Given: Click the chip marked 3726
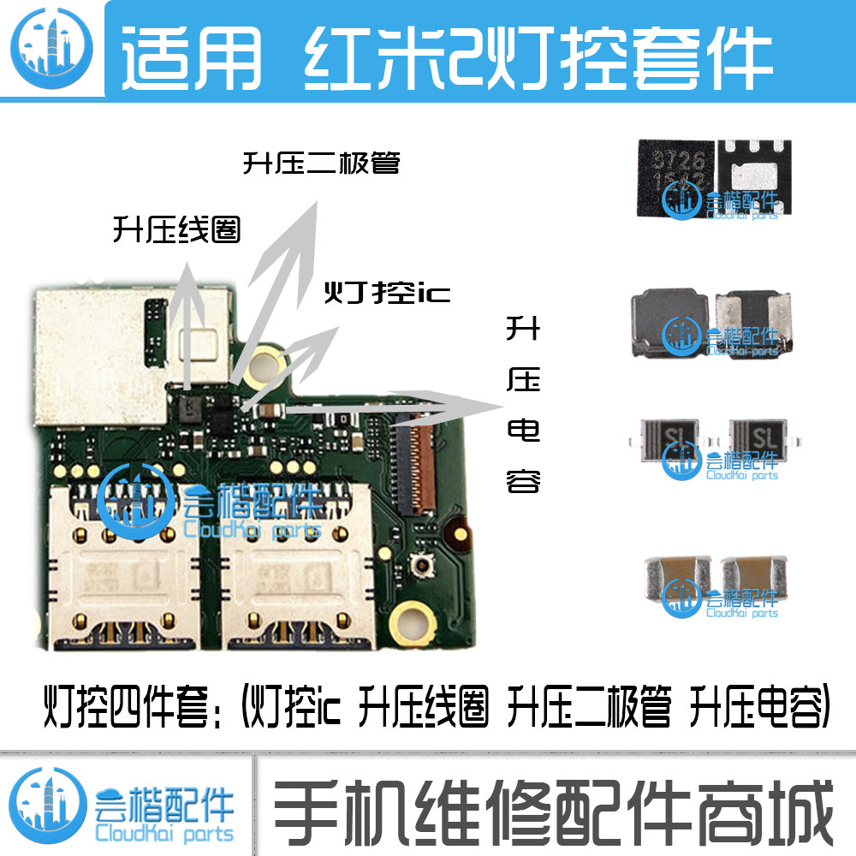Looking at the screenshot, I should (675, 169).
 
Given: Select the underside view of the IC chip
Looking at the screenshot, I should (754, 167).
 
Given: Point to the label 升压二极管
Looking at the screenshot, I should (321, 163).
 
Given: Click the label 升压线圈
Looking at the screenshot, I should (176, 229).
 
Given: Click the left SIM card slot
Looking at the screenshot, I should (119, 565).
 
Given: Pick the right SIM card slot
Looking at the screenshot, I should (295, 565).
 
